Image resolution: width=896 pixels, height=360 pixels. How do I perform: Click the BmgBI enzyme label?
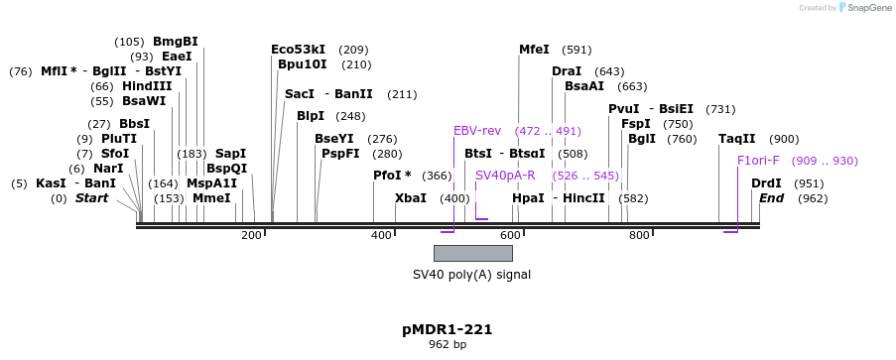(x=175, y=42)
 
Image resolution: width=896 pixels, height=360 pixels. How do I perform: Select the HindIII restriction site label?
(x=147, y=86)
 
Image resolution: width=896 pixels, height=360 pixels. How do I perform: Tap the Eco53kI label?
(x=298, y=50)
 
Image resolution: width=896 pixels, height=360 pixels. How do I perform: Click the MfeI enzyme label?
(x=534, y=50)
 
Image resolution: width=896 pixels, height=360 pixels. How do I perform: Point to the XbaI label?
(x=411, y=198)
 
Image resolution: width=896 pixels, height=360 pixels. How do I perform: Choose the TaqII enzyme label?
(x=737, y=139)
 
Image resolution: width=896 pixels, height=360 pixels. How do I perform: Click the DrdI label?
(x=767, y=183)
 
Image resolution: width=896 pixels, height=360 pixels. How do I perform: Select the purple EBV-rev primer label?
(x=475, y=131)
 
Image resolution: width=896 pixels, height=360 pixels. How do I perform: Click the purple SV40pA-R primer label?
(x=505, y=176)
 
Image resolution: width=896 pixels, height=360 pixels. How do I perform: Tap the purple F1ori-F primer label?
(x=758, y=161)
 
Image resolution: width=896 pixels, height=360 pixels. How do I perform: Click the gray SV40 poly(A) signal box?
(x=472, y=253)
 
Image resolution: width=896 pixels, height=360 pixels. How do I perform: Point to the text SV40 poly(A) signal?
(x=471, y=275)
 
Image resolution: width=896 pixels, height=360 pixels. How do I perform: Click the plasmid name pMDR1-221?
(x=448, y=329)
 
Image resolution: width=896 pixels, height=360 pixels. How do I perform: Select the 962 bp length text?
(x=448, y=345)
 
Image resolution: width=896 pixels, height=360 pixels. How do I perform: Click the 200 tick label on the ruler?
(x=251, y=235)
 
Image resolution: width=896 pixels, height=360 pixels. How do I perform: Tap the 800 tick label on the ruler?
(x=639, y=235)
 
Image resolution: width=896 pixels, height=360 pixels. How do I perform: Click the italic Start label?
(x=91, y=198)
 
